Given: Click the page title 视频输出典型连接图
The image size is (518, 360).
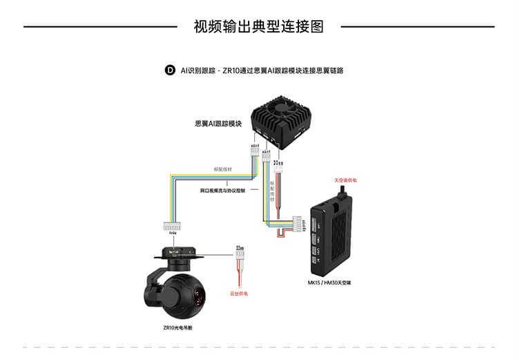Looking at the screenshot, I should tap(258, 27).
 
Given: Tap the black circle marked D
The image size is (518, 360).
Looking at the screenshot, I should tap(170, 70).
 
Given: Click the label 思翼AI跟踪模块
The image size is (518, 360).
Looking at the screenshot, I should tap(218, 124).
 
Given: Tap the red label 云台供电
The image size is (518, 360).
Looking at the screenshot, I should tap(239, 294).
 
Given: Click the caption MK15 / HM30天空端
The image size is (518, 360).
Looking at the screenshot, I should tap(329, 283).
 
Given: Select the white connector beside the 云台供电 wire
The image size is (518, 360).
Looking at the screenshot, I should tap(240, 254).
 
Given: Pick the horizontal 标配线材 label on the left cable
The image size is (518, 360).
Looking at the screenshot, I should tap(223, 169).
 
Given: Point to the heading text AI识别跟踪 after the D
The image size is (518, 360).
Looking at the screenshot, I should tap(196, 70).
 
